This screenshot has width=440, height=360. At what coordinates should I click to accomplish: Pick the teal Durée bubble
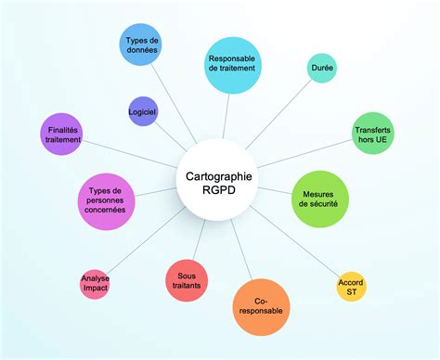pos(322,68)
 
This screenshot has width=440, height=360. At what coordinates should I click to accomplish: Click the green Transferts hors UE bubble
pos(373,133)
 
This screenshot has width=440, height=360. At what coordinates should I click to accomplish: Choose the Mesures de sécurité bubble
pos(320,198)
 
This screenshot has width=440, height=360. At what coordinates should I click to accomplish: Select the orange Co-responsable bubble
pos(260,306)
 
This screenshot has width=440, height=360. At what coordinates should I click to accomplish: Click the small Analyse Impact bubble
pos(96,283)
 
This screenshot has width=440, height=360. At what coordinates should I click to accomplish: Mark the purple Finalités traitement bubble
pos(63,134)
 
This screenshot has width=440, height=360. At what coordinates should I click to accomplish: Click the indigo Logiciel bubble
pos(142,111)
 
